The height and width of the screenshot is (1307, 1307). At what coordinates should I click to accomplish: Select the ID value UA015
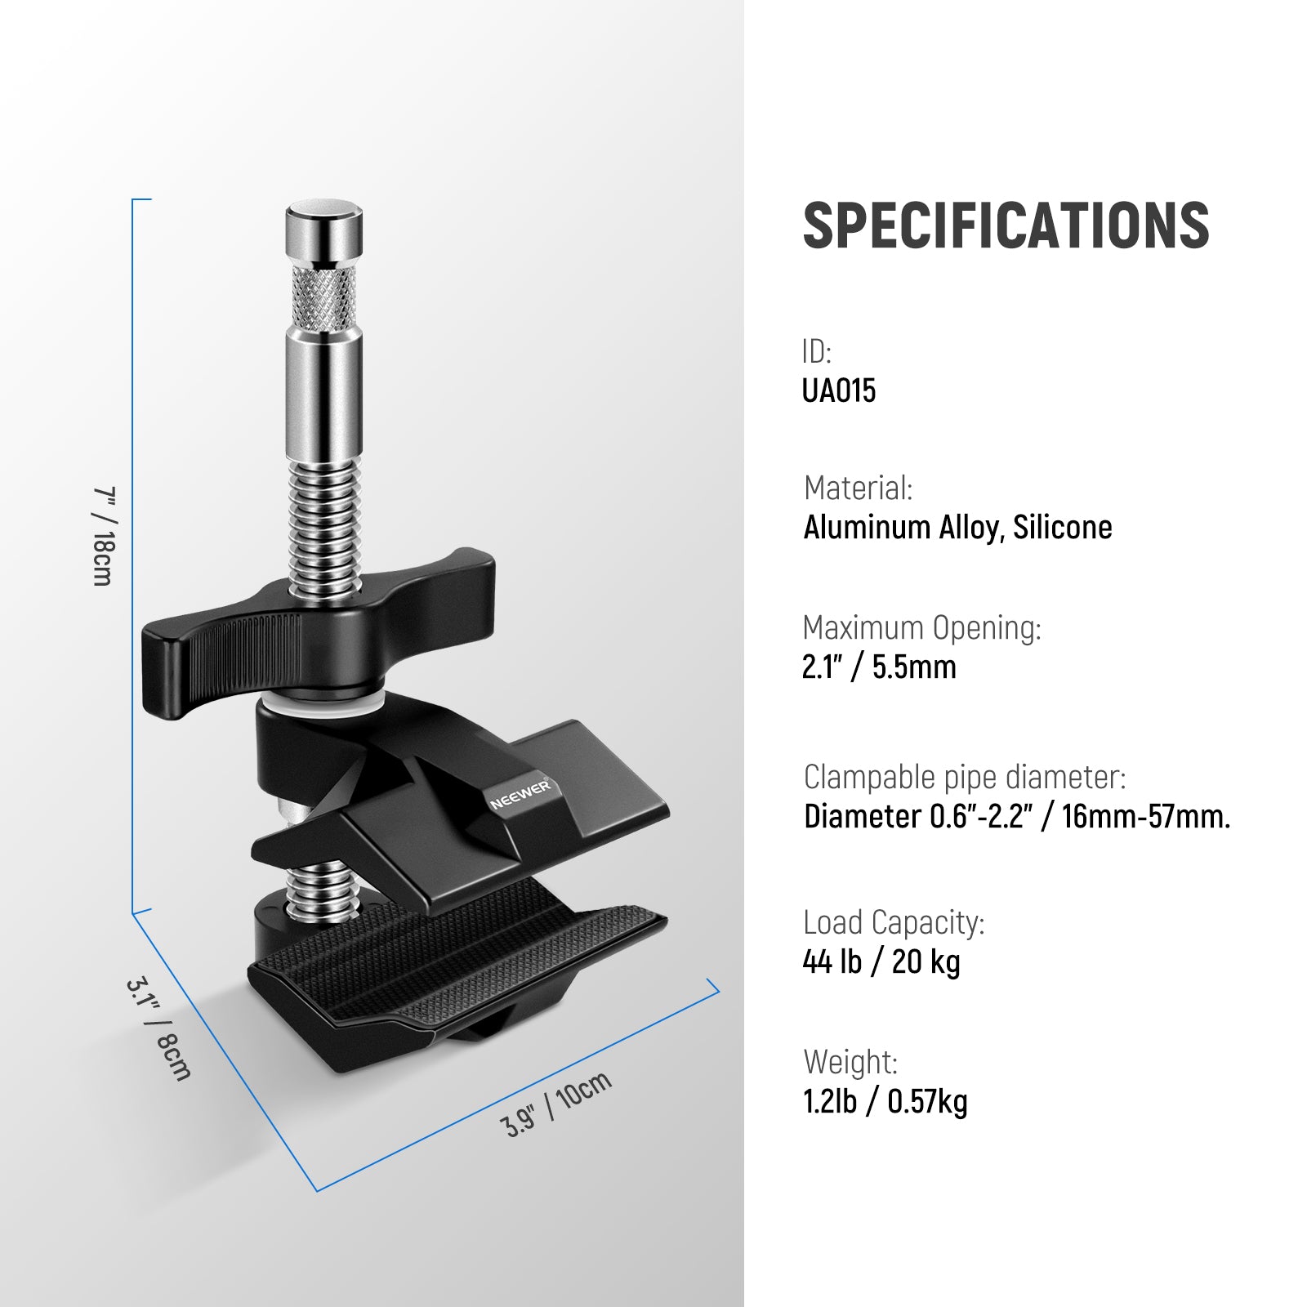[x=839, y=390]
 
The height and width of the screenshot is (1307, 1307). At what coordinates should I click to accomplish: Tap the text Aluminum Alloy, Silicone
[x=957, y=528]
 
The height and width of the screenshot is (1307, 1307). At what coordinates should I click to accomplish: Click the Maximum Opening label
[x=921, y=628]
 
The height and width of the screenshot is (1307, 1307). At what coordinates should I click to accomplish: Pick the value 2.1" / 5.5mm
[x=879, y=667]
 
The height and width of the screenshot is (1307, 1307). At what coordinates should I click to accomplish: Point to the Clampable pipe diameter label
[x=965, y=778]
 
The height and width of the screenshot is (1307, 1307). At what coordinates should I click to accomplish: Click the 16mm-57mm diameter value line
[x=1016, y=817]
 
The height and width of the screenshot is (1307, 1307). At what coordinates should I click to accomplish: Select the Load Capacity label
[x=894, y=923]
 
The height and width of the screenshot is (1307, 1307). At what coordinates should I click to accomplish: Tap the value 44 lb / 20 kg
[x=881, y=962]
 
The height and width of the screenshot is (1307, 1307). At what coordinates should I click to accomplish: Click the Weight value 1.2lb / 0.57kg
[x=885, y=1102]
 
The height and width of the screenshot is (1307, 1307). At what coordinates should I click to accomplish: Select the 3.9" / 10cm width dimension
[x=555, y=1104]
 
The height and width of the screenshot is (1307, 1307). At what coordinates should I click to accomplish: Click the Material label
[x=858, y=488]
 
